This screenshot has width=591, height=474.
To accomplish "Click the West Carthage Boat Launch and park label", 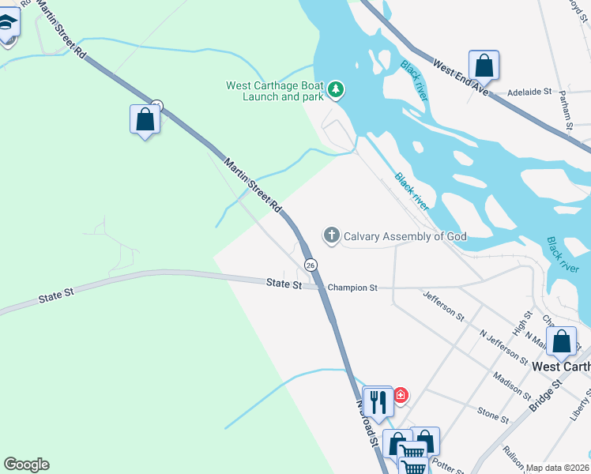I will tap(274, 91).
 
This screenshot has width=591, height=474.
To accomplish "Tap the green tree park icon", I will tap(336, 90).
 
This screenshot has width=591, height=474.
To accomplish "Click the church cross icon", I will tap(331, 235).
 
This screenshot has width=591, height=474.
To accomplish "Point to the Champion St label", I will tap(352, 288).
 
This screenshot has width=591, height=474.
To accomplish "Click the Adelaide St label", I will tap(529, 92).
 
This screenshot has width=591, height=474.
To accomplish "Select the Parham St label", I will tap(567, 110).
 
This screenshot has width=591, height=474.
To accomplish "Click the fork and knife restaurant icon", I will tap(378, 402).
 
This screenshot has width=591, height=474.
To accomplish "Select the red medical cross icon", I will tap(401, 395).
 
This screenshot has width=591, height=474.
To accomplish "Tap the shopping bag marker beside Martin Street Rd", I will tap(145, 119).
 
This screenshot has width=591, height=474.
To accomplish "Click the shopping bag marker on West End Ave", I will tap(484, 65).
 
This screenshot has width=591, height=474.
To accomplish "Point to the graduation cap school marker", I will tap(7, 24).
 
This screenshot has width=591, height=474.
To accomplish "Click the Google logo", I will tap(26, 465).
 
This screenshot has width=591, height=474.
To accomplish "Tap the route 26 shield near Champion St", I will tap(311, 264).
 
